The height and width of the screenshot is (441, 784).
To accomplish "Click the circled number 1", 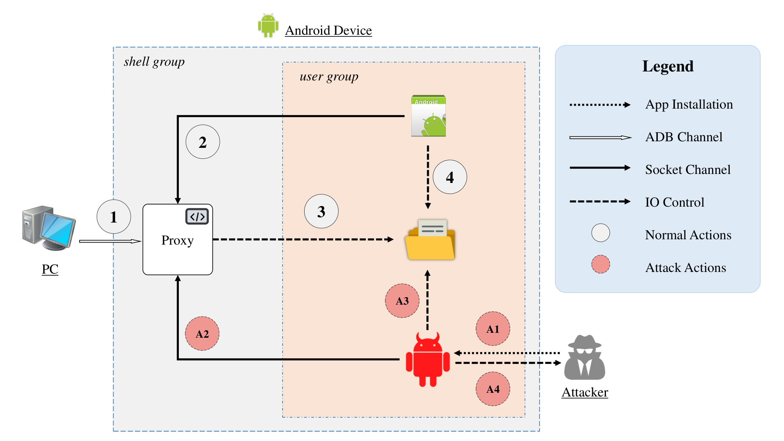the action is tap(114, 216).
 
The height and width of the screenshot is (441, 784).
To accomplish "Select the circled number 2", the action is tap(203, 142).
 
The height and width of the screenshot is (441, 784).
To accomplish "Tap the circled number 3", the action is tap(321, 211).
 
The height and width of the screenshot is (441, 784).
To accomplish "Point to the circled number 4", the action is tap(450, 177).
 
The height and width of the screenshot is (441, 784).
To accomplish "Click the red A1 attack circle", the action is tap(493, 329).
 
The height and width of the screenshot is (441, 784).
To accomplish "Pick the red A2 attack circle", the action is tap(202, 334).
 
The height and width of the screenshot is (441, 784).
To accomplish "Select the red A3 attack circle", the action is tap(402, 301).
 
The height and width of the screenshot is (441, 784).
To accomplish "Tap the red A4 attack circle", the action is tap(493, 389).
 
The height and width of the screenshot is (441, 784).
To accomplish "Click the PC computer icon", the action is tap(49, 228).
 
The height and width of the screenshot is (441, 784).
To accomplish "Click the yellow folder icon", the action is tap(430, 240).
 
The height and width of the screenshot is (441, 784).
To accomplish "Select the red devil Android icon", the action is tap(428, 359).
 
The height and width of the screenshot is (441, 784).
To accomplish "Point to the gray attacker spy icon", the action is tap(584, 357).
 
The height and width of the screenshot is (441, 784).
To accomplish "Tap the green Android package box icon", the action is tap(428, 116).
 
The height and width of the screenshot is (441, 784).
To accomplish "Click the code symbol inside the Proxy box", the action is tap(197, 216).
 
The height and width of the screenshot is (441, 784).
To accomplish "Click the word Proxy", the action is tap(177, 241).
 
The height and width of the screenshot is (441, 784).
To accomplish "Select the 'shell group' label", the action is tap(154, 62).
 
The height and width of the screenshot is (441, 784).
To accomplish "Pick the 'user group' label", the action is tap(329, 77).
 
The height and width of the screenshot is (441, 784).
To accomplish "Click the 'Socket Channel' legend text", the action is tap(688, 169).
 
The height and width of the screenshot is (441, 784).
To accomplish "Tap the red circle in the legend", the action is tap(601, 264).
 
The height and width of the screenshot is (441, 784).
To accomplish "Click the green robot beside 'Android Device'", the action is tap(268, 25).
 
